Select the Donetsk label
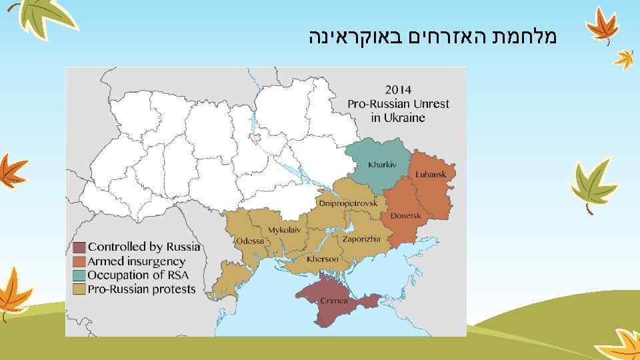coord(405,216)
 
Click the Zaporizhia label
coord(361,239)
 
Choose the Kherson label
coord(323,259)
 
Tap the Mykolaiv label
coord(284,230)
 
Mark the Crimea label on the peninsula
coord(334,301)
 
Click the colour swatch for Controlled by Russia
coord(79,247)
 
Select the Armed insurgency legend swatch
coord(79,261)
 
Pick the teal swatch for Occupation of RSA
coord(79,275)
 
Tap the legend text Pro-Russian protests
coord(142,289)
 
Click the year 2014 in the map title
coord(398,89)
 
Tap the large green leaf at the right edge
coord(592,183)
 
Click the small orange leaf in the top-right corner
coord(625,59)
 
